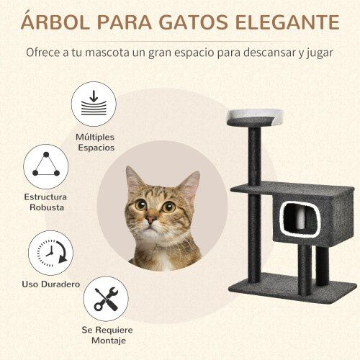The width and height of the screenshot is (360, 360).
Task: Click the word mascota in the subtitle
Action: point(115,53)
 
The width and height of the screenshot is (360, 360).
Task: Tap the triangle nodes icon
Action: point(45,166)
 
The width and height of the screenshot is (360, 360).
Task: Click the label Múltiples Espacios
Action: point(95,141)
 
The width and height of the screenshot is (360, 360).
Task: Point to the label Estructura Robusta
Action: point(45,202)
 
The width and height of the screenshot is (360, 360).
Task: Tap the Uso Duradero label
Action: point(50,284)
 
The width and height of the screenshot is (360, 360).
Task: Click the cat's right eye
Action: point(168,207)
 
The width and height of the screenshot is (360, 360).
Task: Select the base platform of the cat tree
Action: point(292,284)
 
